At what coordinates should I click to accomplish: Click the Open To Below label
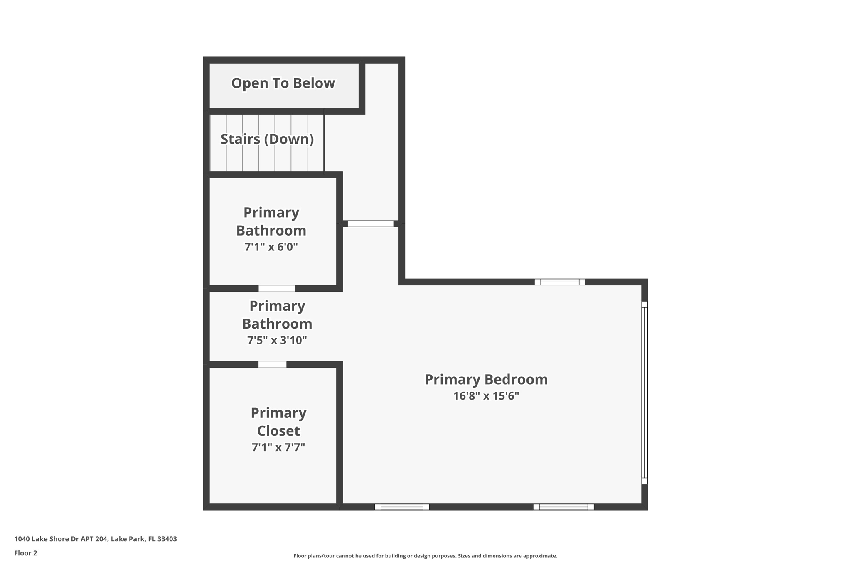coord(283,83)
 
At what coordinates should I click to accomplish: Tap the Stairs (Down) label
coord(267,139)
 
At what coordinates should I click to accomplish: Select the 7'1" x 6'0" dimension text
coord(271,247)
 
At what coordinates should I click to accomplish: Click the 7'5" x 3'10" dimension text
coord(277,340)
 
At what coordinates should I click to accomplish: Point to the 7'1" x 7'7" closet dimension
coord(278,447)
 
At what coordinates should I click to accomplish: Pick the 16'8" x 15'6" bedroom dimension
coord(486,396)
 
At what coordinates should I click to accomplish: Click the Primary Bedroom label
coord(486,379)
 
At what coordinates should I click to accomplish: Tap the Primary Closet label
coord(278,422)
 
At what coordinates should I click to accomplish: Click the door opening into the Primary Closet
coord(272,364)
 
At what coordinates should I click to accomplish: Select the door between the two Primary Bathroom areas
coord(276,288)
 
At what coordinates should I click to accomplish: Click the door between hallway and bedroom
coord(370,223)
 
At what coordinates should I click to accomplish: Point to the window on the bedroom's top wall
coord(559,282)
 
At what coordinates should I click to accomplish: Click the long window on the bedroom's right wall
coord(644,393)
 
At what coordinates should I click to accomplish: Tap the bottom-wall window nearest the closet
coord(401,507)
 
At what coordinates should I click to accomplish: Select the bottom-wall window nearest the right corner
coord(563,507)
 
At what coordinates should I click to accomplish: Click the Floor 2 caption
coord(26,553)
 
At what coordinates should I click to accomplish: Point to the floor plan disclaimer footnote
coord(425,556)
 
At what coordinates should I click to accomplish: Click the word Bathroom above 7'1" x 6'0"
coord(271,230)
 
